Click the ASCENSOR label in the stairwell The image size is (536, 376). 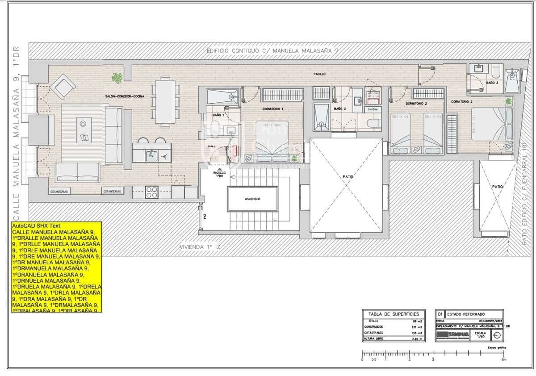click(252, 199)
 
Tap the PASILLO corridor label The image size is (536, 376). click(319, 74)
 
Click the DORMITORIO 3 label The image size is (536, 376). click(461, 102)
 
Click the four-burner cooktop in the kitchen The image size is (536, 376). click(151, 192)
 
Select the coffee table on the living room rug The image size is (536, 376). click(84, 130)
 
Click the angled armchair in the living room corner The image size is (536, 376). click(63, 86)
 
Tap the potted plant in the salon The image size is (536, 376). click(117, 78)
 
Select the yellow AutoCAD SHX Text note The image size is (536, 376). click(56, 267)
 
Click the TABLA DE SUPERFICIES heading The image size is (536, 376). click(394, 314)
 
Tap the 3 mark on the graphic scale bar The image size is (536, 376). click(433, 359)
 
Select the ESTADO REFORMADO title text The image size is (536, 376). click(466, 314)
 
